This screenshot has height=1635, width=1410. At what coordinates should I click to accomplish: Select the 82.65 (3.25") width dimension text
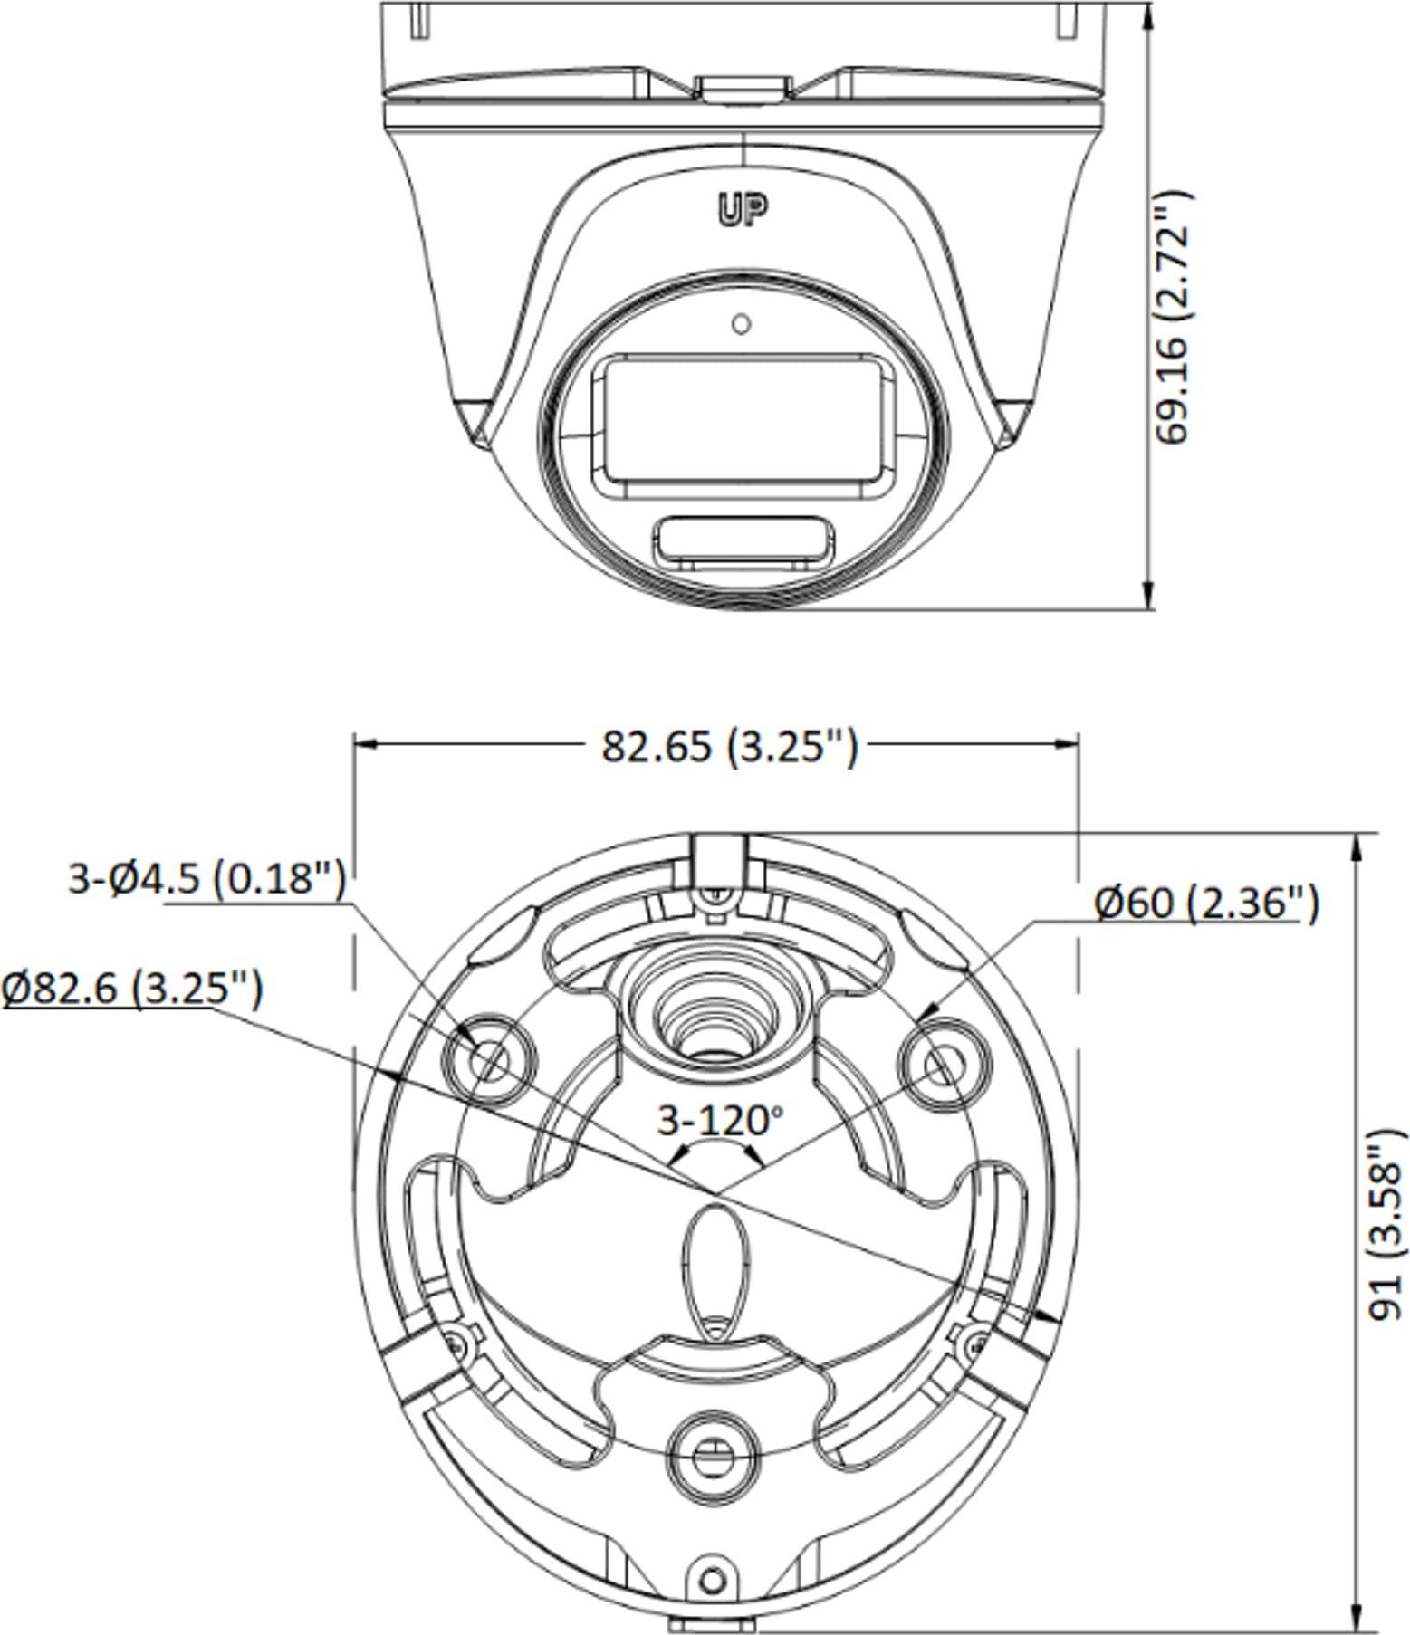pyautogui.click(x=729, y=747)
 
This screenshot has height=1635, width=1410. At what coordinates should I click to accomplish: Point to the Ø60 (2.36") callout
pyautogui.click(x=1205, y=904)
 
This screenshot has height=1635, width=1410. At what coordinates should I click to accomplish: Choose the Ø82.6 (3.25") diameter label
pyautogui.click(x=132, y=989)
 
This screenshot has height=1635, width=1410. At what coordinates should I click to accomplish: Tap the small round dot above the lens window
pyautogui.click(x=742, y=323)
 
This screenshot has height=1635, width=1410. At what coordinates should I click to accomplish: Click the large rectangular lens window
pyautogui.click(x=741, y=425)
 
